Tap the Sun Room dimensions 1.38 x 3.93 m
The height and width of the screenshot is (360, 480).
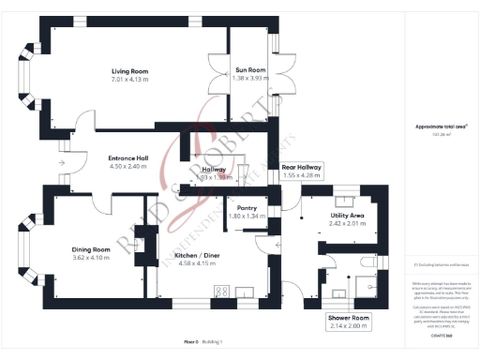tap(250, 78)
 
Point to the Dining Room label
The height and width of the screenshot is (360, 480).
tap(91, 249)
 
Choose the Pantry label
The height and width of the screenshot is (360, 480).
tap(247, 208)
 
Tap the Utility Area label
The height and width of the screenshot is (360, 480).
tap(346, 216)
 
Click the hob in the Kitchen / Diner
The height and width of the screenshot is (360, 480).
tap(223, 292)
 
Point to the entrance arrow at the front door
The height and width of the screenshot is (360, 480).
tap(61, 162)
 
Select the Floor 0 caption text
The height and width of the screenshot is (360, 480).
tap(191, 342)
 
